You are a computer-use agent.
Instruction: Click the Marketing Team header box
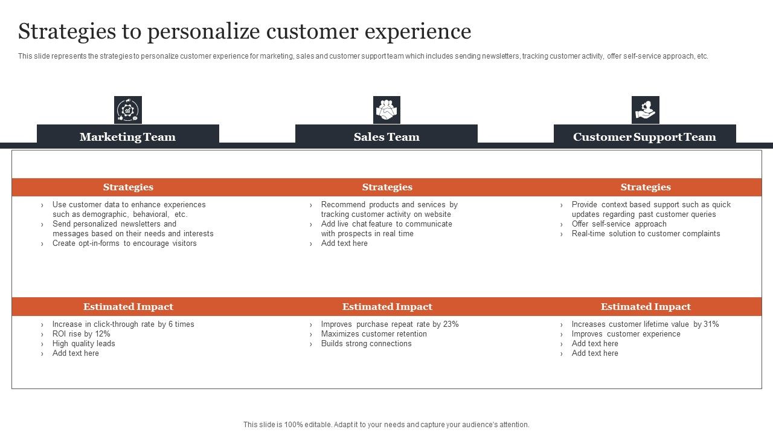coord(127,137)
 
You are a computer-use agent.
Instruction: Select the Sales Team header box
coord(386,137)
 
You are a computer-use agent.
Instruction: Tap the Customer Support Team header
coord(644,137)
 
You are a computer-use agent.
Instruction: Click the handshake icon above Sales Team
coord(386,110)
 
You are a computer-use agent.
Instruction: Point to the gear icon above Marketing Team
coord(128,110)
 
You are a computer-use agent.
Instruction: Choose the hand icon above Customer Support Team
coord(645,110)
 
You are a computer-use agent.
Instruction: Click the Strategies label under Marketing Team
coord(128,187)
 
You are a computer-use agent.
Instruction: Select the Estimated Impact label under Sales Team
coord(387,307)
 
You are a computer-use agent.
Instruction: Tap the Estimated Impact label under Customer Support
coord(646,307)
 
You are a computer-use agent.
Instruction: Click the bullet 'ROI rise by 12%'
coord(81,334)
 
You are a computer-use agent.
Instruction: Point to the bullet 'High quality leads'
coord(83,344)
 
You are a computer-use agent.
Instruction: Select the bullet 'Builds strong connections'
coord(366,344)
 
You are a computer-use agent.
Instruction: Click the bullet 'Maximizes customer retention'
coord(374,334)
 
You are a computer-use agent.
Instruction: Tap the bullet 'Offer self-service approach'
coord(619,224)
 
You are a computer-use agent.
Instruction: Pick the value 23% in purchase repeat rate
coord(451,324)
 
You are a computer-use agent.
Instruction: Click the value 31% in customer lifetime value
coord(711,324)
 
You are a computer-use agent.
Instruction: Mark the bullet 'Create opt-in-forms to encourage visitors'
coord(124,243)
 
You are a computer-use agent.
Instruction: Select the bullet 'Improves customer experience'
coord(626,334)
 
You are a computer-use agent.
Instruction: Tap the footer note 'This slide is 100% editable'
coord(386,425)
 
